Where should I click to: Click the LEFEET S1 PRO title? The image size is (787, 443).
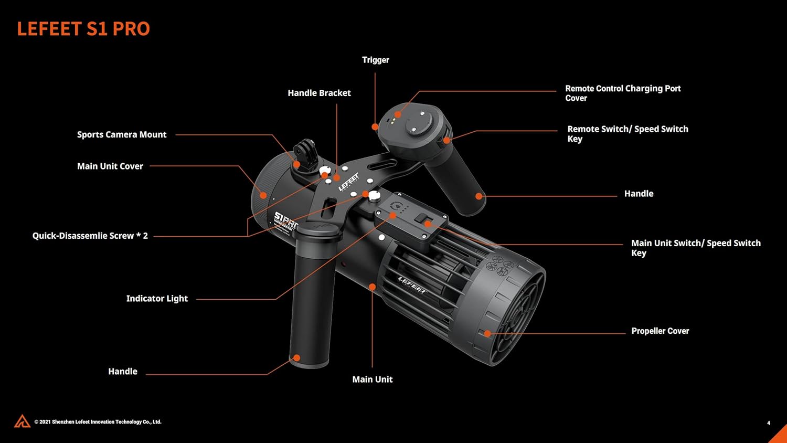pyautogui.click(x=83, y=29)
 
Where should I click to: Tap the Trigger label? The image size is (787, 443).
pyautogui.click(x=376, y=60)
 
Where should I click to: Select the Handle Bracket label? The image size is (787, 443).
pyautogui.click(x=319, y=93)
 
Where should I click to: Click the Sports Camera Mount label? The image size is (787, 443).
pyautogui.click(x=122, y=134)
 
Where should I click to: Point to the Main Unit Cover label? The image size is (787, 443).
pyautogui.click(x=110, y=166)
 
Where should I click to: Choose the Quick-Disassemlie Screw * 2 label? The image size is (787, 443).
pyautogui.click(x=90, y=236)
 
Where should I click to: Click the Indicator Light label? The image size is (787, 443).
pyautogui.click(x=157, y=298)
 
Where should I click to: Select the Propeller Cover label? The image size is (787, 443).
pyautogui.click(x=660, y=331)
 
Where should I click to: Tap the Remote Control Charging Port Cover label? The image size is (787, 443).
pyautogui.click(x=622, y=93)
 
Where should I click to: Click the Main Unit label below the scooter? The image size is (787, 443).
pyautogui.click(x=372, y=379)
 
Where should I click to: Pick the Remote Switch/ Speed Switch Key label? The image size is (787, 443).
pyautogui.click(x=628, y=133)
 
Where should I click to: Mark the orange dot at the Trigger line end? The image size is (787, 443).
pyautogui.click(x=375, y=126)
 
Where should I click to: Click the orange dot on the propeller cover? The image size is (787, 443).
pyautogui.click(x=487, y=333)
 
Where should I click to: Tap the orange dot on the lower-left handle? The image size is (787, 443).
pyautogui.click(x=296, y=358)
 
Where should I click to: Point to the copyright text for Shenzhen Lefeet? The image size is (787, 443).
pyautogui.click(x=98, y=421)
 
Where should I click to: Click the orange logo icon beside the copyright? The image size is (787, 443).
pyautogui.click(x=22, y=421)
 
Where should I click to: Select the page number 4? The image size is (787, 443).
pyautogui.click(x=769, y=423)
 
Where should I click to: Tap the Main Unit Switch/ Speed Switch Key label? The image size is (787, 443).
pyautogui.click(x=695, y=247)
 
